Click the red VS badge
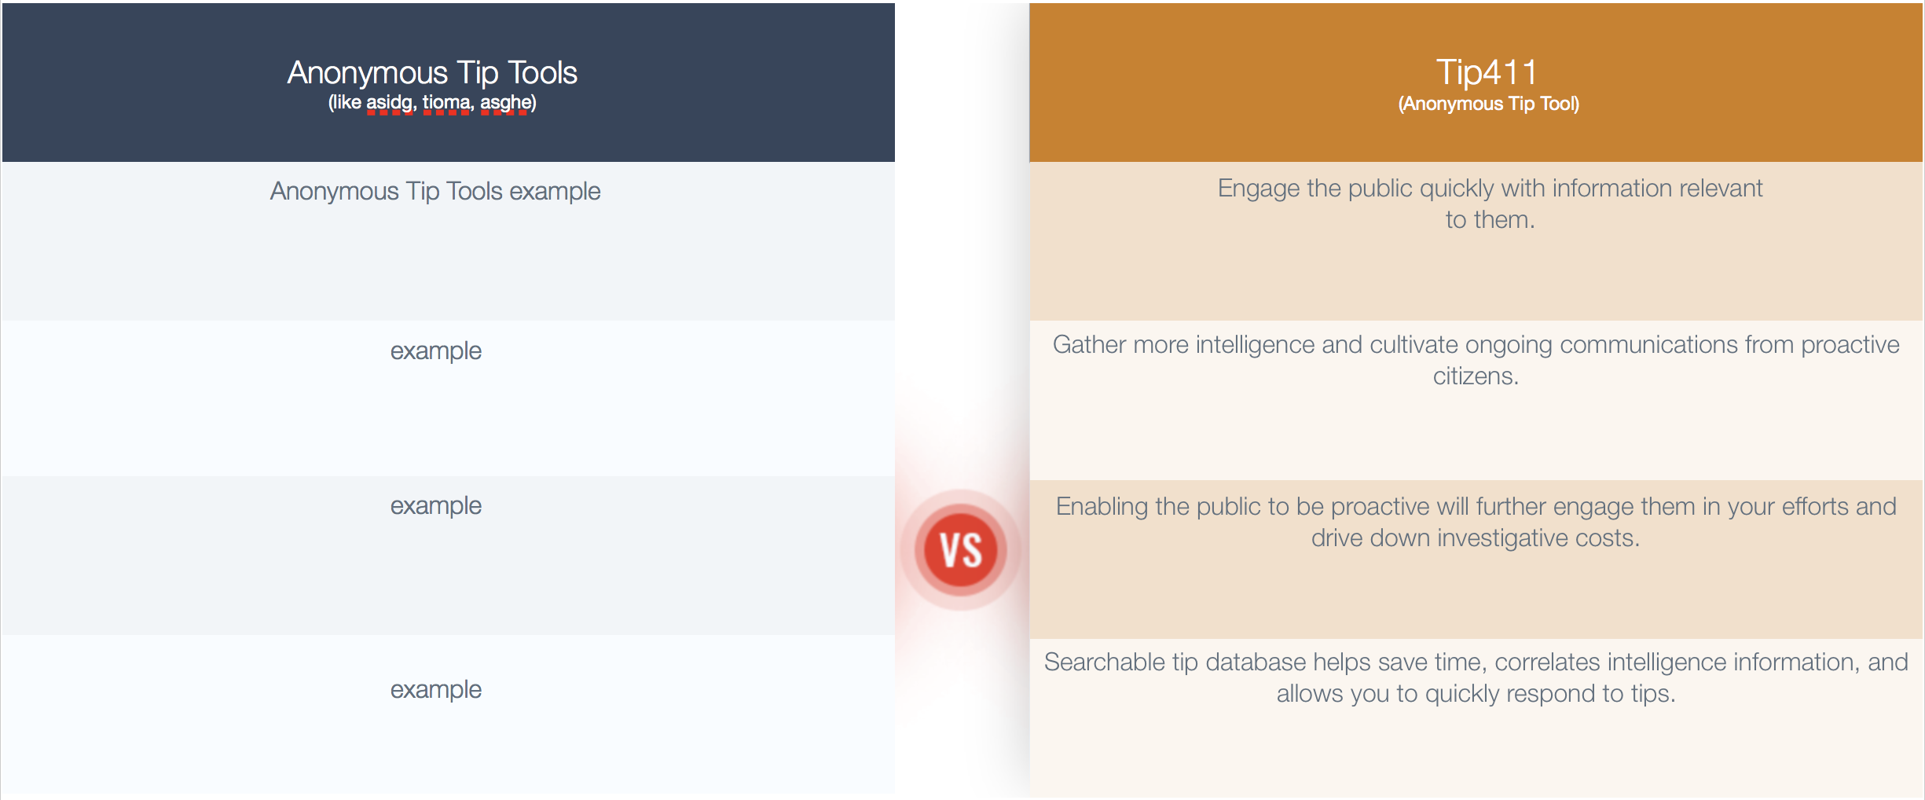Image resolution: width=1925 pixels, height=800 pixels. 961,550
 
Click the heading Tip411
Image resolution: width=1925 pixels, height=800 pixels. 1487,72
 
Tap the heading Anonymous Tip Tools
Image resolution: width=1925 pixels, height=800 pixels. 432,73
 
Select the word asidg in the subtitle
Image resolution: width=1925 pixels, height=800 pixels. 389,102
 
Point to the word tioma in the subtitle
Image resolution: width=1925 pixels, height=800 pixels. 446,102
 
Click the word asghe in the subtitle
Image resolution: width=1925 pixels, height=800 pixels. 504,102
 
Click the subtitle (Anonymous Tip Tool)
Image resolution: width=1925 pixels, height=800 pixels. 1489,104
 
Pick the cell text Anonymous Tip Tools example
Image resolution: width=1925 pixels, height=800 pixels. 435,191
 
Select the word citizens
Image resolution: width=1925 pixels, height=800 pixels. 1476,376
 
